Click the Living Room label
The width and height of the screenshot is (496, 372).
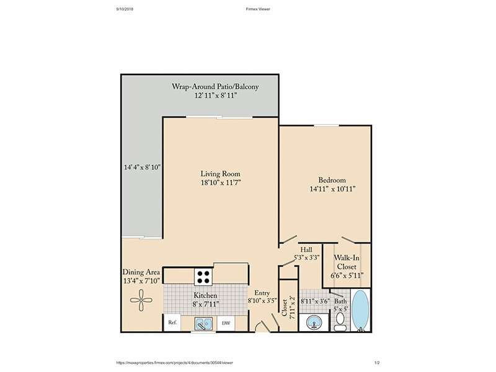point(220,174)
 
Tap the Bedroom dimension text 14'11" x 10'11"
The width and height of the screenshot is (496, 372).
point(332,189)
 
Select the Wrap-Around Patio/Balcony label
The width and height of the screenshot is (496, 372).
point(215,86)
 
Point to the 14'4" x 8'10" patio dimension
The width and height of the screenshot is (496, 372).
point(143,167)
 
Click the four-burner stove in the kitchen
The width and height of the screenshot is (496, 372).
point(203,277)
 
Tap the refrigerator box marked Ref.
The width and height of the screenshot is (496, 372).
point(172,322)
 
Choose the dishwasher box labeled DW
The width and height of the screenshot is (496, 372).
point(226,323)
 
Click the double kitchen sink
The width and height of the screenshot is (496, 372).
point(203,324)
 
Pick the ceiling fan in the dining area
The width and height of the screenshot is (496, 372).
point(141,300)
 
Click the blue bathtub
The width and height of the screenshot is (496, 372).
point(360,311)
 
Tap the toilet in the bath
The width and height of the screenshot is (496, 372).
point(340,322)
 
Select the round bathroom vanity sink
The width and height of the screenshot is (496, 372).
point(314,323)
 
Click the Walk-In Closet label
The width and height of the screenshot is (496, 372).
point(347,262)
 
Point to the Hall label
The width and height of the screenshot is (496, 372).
point(306,249)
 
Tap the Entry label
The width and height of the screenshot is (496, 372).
point(262,293)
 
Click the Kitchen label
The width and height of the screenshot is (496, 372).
point(205,296)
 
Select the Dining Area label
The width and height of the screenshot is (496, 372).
point(141,272)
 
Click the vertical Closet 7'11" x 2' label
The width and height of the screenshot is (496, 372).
point(288,308)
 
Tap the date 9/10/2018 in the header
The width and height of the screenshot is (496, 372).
point(125,9)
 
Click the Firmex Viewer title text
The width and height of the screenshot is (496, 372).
point(258,9)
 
